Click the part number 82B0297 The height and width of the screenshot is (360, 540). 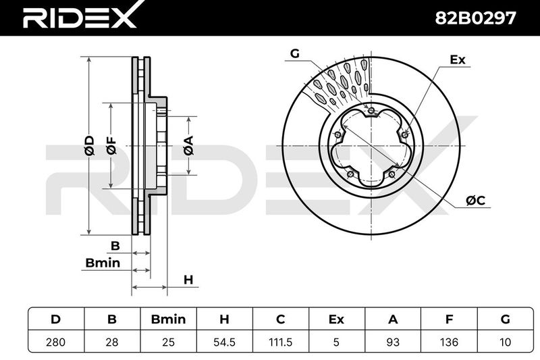pyautogui.click(x=476, y=18)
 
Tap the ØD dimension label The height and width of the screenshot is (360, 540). pyautogui.click(x=89, y=145)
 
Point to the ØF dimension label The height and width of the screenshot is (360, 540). pyautogui.click(x=111, y=145)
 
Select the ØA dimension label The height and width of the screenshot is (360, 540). pyautogui.click(x=188, y=146)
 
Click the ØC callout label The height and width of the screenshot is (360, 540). pyautogui.click(x=475, y=200)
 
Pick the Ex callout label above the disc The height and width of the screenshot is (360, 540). pyautogui.click(x=458, y=60)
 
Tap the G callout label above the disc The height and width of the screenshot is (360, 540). pyautogui.click(x=295, y=53)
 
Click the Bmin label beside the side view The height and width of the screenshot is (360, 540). pyautogui.click(x=103, y=263)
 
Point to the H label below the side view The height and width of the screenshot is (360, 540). pyautogui.click(x=188, y=280)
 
